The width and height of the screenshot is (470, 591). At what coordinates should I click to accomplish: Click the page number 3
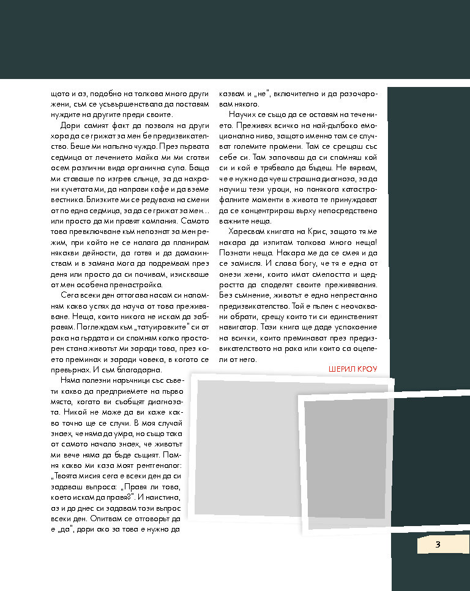coord(438,544)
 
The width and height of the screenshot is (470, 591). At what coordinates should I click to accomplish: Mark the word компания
coord(157,220)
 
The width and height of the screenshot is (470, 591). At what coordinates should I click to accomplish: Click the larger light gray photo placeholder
coord(245,447)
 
